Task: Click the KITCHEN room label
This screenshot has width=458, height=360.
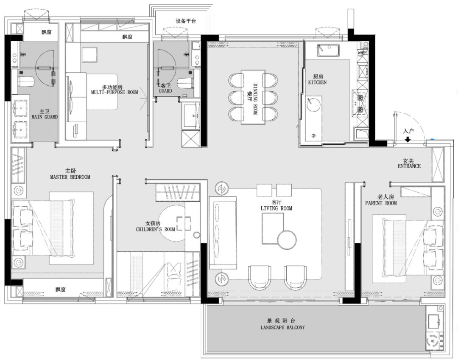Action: pyautogui.click(x=318, y=82)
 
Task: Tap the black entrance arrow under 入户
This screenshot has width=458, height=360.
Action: pyautogui.click(x=408, y=140)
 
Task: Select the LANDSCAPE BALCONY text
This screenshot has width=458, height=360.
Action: pyautogui.click(x=282, y=328)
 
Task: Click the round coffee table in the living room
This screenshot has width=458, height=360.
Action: pyautogui.click(x=287, y=239)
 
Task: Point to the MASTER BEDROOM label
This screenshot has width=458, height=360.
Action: pyautogui.click(x=70, y=177)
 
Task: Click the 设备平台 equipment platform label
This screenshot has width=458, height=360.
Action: pyautogui.click(x=186, y=21)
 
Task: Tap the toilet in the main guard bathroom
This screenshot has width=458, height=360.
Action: pyautogui.click(x=26, y=81)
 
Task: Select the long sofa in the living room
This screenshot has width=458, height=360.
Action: pyautogui.click(x=223, y=233)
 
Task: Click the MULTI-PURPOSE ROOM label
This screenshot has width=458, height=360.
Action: pyautogui.click(x=114, y=93)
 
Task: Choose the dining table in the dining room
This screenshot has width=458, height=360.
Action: pyautogui.click(x=253, y=97)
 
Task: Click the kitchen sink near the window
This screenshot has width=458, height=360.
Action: pyautogui.click(x=329, y=50)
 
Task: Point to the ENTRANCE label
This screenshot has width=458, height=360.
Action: pyautogui.click(x=409, y=166)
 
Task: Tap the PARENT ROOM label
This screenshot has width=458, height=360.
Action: pyautogui.click(x=381, y=203)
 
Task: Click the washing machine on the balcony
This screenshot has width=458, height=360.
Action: pyautogui.click(x=433, y=341)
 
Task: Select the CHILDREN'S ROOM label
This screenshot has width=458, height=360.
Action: pyautogui.click(x=155, y=229)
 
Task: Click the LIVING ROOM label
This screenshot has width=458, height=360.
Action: pyautogui.click(x=276, y=208)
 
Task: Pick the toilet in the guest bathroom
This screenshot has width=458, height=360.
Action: pyautogui.click(x=186, y=83)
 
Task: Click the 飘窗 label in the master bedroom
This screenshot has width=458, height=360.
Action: pyautogui.click(x=61, y=289)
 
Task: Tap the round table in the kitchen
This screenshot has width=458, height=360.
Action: pyautogui.click(x=313, y=104)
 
